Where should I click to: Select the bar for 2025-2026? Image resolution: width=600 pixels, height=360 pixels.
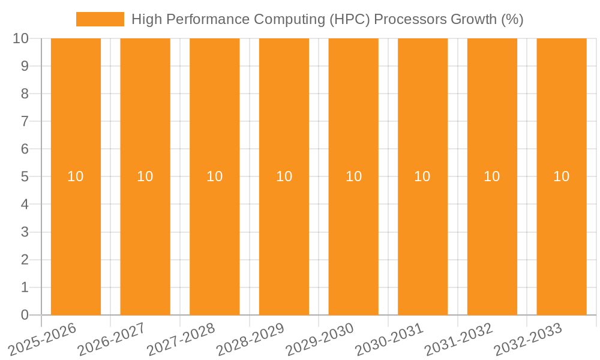point(76,240)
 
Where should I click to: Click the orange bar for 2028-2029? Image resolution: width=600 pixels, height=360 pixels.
point(284,240)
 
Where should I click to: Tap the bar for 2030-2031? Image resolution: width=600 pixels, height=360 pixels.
point(422,240)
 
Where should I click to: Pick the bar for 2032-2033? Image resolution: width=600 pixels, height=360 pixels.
point(561,240)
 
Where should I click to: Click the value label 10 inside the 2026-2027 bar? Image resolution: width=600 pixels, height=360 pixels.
point(145,176)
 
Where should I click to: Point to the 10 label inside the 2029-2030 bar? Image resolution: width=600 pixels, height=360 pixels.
point(353,176)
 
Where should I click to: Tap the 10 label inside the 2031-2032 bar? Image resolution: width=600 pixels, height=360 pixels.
point(492,176)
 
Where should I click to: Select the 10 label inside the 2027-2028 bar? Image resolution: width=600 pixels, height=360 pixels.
point(215,176)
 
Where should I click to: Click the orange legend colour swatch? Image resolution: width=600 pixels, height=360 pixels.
point(100,19)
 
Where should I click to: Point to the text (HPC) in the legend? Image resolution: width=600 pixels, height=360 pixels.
point(350,19)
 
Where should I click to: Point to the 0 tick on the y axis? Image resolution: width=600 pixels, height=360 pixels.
point(25,315)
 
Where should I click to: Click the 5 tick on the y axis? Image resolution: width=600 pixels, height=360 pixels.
point(25,176)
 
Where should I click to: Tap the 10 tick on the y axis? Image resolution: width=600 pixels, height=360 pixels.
point(21,38)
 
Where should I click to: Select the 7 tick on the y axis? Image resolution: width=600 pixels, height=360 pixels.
point(25,121)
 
